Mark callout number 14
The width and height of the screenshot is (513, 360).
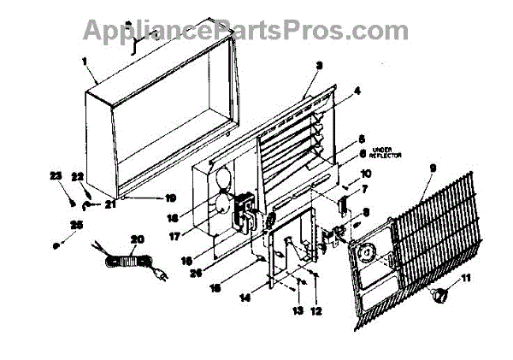pyautogui.click(x=245, y=298)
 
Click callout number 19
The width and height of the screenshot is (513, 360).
pyautogui.click(x=171, y=196)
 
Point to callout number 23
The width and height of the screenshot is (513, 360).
pyautogui.click(x=56, y=175)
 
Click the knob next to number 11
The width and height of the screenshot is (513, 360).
pyautogui.click(x=442, y=295)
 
